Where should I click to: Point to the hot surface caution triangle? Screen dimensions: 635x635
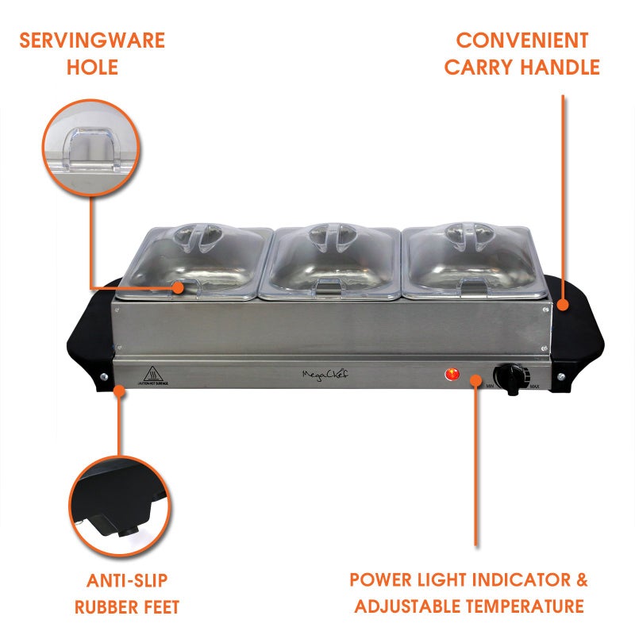click(x=150, y=373)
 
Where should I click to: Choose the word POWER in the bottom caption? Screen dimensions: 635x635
click(x=384, y=579)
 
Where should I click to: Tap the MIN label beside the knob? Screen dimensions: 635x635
click(x=491, y=387)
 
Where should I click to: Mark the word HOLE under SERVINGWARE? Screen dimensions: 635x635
click(x=92, y=67)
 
